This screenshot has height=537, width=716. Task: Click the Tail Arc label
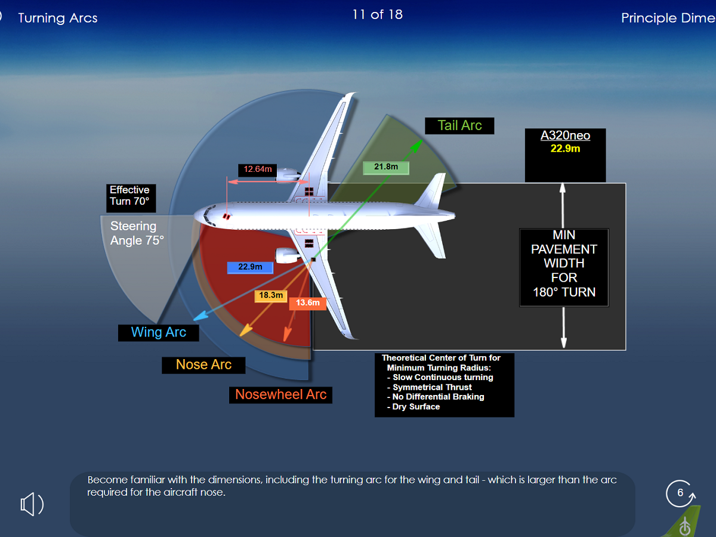point(459,125)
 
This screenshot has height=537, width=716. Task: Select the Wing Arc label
point(158,332)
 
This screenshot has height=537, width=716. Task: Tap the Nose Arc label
point(203,365)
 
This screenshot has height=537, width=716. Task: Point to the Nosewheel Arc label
point(280,394)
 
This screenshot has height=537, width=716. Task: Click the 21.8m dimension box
point(386,167)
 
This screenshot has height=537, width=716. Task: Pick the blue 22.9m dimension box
point(250,267)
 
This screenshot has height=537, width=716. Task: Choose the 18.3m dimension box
point(271,295)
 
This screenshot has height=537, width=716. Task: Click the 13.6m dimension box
point(308,303)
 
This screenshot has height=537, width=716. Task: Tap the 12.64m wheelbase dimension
point(258,169)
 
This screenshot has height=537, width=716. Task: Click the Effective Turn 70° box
point(129,196)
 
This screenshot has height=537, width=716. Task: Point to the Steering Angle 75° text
point(137,233)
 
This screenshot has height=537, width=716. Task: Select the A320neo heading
point(565,135)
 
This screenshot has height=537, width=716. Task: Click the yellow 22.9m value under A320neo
point(565,149)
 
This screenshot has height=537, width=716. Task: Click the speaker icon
point(32,505)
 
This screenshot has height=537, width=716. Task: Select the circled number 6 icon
point(680,493)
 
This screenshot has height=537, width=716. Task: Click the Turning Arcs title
point(58,18)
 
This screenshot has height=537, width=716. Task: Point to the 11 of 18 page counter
point(377,14)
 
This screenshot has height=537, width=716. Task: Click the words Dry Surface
point(416,407)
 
